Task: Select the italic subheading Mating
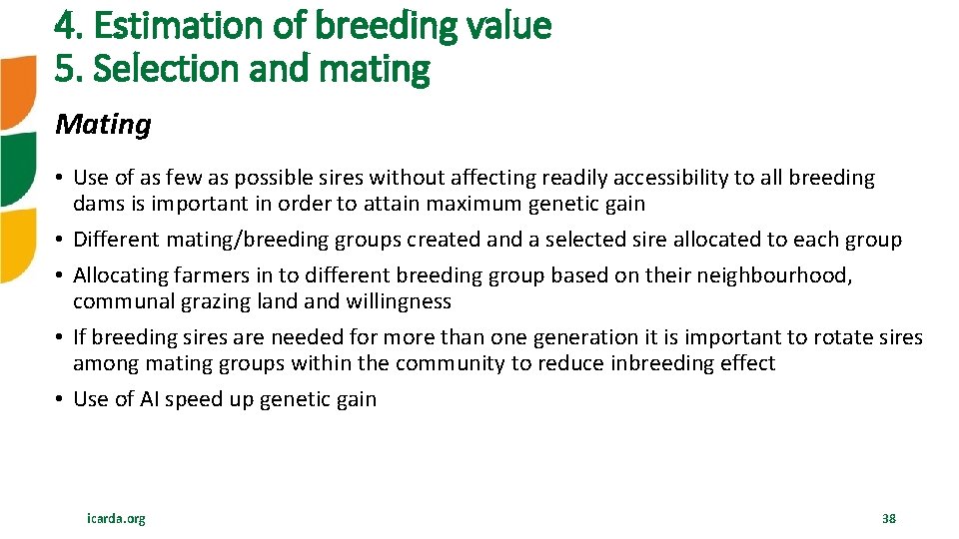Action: [x=103, y=125]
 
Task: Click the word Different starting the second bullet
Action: [x=117, y=240]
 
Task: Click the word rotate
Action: [x=838, y=337]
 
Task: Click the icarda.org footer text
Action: [x=116, y=518]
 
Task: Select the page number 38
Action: [x=888, y=518]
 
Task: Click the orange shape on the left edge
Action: [x=17, y=93]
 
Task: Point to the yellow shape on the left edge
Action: [x=17, y=245]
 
